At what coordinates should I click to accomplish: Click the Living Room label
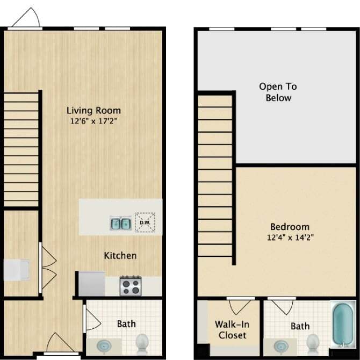[x=93, y=111]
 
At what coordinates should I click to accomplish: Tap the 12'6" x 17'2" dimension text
[x=93, y=121]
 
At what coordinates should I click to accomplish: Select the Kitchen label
[x=120, y=256]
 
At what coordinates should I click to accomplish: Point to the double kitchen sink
[x=121, y=222]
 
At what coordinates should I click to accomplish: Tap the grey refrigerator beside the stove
[x=91, y=283]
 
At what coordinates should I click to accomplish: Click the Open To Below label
[x=278, y=92]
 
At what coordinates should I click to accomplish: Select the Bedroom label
[x=290, y=227]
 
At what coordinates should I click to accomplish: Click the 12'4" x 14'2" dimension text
[x=290, y=237]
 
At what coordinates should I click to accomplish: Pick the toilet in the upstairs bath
[x=313, y=343]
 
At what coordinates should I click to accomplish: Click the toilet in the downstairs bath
[x=142, y=342]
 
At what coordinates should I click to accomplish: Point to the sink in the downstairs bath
[x=104, y=344]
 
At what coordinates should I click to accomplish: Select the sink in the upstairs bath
[x=279, y=345]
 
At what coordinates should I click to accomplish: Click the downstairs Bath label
[x=126, y=324]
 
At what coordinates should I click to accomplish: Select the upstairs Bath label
[x=300, y=326]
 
